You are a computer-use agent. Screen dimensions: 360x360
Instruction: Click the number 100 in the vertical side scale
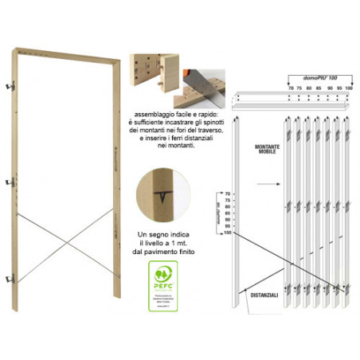(226, 233)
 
